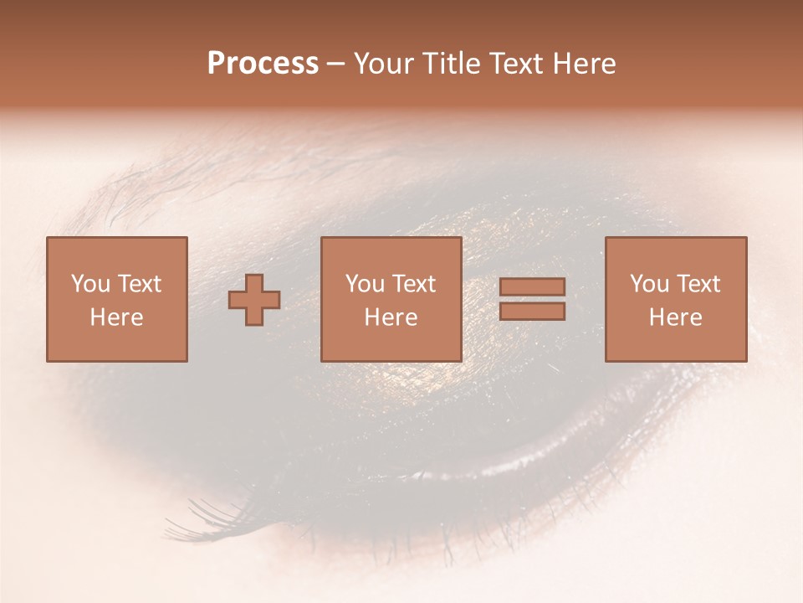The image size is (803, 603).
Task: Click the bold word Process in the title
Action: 263,64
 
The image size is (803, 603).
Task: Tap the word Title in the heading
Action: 453,64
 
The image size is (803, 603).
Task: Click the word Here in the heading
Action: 585,64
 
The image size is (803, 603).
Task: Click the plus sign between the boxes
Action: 254,300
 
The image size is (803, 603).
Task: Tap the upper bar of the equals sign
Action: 532,287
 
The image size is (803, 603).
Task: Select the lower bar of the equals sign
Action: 532,312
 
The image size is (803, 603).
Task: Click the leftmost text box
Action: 117,300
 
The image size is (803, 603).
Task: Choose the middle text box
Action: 391,300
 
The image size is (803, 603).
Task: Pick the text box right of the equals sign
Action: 676,300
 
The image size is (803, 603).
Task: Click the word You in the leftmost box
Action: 89,284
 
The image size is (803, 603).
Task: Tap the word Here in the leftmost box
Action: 117,317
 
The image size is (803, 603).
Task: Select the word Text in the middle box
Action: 412,284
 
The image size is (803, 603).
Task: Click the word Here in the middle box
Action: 391,317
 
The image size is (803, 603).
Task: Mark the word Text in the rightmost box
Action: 697,284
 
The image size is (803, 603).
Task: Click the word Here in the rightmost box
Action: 676,317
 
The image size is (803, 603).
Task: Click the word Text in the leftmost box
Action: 138,284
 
